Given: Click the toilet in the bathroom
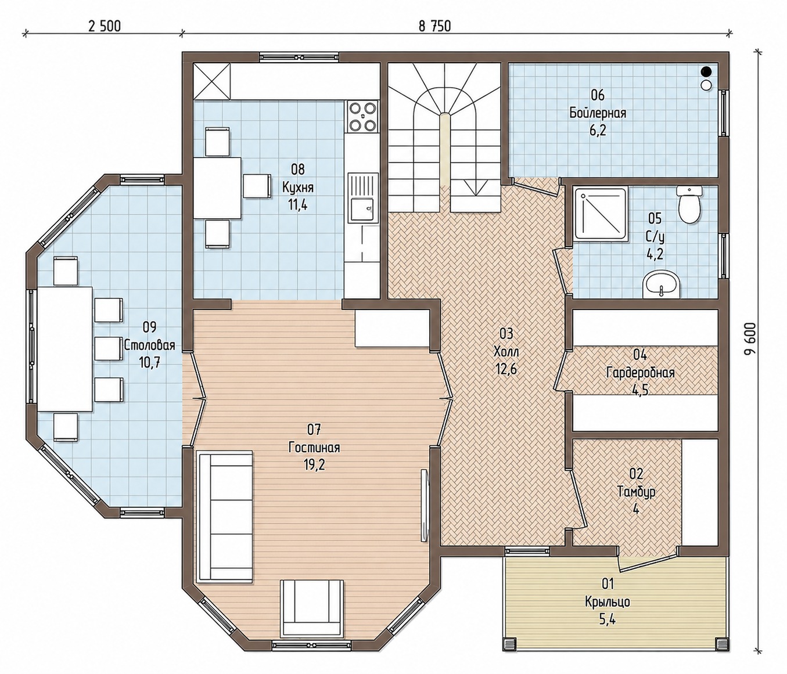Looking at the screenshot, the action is pyautogui.click(x=689, y=205).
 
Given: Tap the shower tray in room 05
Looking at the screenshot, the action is pyautogui.click(x=601, y=214).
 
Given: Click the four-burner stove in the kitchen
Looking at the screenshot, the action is pyautogui.click(x=363, y=117).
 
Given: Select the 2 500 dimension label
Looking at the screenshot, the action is pyautogui.click(x=105, y=26).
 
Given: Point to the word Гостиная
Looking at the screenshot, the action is pyautogui.click(x=314, y=448).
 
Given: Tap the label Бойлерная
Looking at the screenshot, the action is pyautogui.click(x=598, y=113).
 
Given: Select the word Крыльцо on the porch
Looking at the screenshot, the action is pyautogui.click(x=608, y=612).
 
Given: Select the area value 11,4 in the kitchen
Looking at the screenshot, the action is pyautogui.click(x=298, y=205).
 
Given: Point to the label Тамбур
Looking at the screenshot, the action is pyautogui.click(x=636, y=492).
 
